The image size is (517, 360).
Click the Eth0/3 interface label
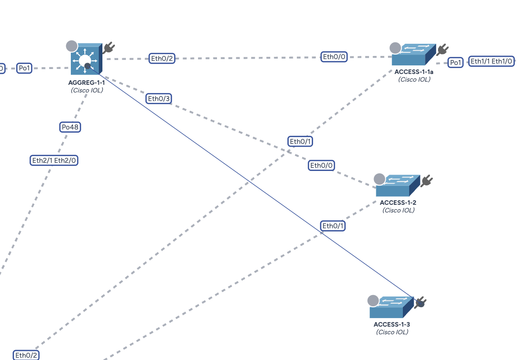click(159, 98)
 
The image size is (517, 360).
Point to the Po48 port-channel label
click(70, 127)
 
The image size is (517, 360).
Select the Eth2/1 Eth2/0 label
click(54, 160)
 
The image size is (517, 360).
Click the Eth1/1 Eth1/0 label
click(492, 61)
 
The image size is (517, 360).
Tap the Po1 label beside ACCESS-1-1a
click(456, 63)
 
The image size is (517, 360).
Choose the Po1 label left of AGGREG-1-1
click(24, 68)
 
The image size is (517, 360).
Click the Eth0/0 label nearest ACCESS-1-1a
click(334, 56)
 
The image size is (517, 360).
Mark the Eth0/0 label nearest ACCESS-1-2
click(322, 166)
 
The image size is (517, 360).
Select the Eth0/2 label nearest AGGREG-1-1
click(162, 58)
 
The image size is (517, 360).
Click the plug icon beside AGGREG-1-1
click(108, 47)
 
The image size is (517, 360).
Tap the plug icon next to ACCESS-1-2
click(426, 181)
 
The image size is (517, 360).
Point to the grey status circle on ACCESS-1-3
click(373, 300)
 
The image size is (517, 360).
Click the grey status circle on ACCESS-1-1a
click(395, 48)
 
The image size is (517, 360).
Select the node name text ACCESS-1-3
click(392, 324)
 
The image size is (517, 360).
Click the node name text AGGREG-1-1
click(87, 83)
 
